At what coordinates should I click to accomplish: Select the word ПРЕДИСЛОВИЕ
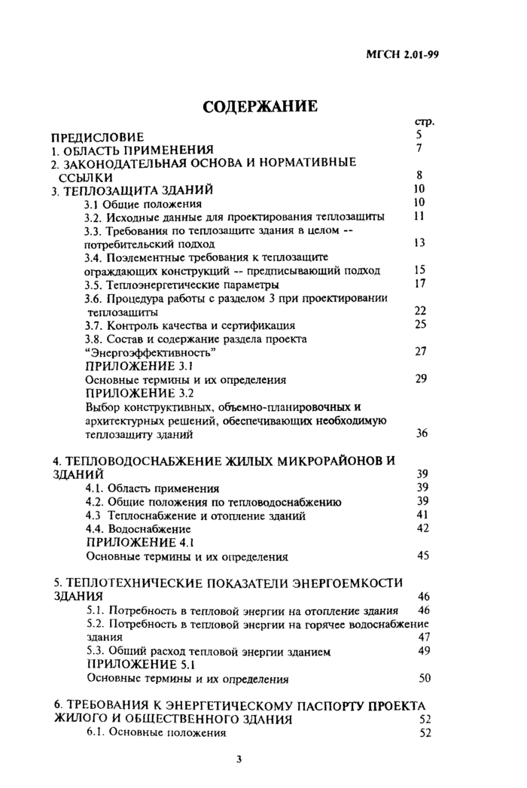[x=96, y=136]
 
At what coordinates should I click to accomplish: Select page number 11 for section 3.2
[x=420, y=216]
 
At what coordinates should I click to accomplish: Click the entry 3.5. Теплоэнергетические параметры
[x=181, y=284]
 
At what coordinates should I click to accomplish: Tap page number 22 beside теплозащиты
[x=420, y=311]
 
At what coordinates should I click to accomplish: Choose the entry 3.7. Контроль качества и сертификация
[x=190, y=325]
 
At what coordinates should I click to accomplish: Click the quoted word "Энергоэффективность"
[x=151, y=352]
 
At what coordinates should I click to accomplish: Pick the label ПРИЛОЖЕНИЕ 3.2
[x=140, y=393]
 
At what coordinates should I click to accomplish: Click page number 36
[x=422, y=434]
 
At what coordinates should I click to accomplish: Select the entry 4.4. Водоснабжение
[x=138, y=529]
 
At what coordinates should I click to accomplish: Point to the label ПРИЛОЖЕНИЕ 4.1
[x=140, y=542]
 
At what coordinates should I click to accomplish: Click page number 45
[x=422, y=555]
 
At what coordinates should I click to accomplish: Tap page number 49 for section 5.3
[x=423, y=650]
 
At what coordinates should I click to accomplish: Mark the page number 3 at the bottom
[x=239, y=759]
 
